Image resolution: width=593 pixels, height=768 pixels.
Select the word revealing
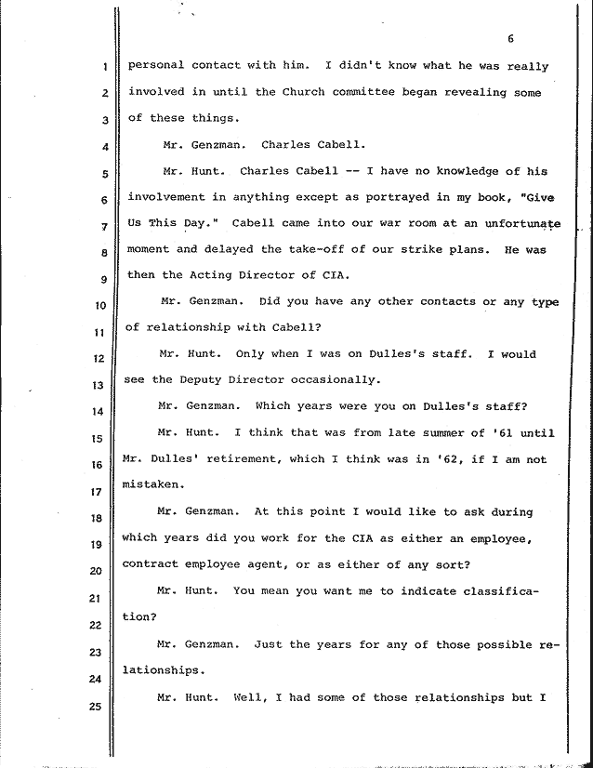(468, 92)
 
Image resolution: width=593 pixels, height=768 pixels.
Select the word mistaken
(156, 484)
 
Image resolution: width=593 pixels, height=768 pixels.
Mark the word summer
(419, 432)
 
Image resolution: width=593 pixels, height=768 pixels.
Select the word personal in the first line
(155, 66)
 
